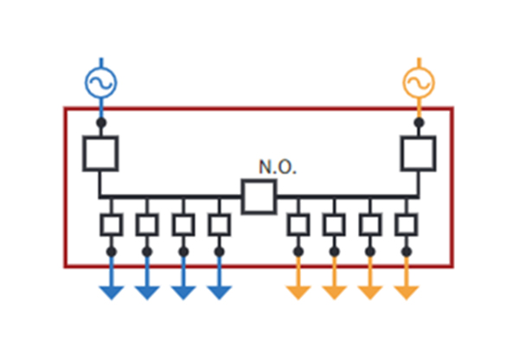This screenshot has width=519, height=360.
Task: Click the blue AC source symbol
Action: click(x=100, y=82)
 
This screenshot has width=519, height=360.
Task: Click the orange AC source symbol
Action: click(x=419, y=82)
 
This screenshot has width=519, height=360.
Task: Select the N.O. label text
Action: click(x=278, y=168)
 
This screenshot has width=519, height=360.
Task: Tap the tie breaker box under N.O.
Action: click(x=259, y=196)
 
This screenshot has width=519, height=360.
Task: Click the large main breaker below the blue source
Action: click(x=100, y=153)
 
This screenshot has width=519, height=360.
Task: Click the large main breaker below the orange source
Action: click(x=419, y=153)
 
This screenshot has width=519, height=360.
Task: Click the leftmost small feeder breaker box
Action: click(x=111, y=224)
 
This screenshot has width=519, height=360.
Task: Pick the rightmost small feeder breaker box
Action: click(x=407, y=224)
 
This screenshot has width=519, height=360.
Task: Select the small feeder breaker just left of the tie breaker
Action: click(x=220, y=224)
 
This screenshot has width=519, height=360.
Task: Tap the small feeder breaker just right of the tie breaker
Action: click(x=298, y=224)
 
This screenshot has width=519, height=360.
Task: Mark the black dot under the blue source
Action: click(x=100, y=123)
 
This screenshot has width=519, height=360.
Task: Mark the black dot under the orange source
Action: click(x=419, y=123)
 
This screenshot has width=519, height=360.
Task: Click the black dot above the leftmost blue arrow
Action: click(x=111, y=252)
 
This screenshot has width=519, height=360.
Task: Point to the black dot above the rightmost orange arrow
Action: click(x=407, y=252)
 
